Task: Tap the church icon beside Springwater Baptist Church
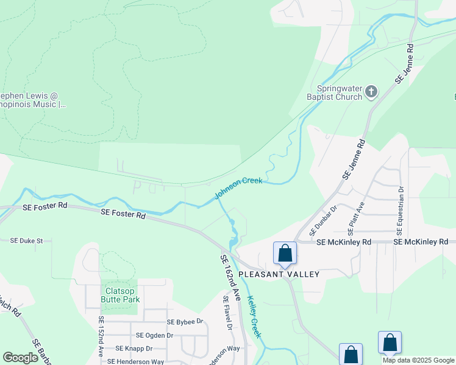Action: [371, 92]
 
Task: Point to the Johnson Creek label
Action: [238, 188]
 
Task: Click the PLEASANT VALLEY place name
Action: [279, 274]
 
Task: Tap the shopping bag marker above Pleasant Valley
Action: [285, 252]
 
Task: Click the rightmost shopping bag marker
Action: [390, 342]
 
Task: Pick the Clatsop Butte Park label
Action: [120, 295]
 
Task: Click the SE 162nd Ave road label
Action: [230, 277]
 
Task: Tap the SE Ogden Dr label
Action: [154, 335]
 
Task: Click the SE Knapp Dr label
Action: [134, 349]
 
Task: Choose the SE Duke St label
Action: [26, 241]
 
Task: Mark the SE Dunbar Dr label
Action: [323, 221]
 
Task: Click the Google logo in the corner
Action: [20, 358]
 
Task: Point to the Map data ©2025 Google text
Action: [418, 360]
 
